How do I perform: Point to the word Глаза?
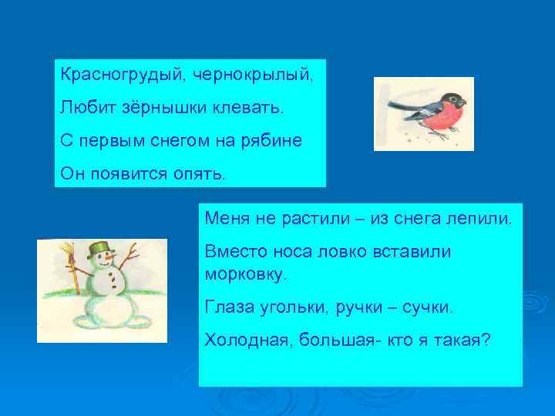pyautogui.click(x=228, y=307)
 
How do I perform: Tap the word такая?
pyautogui.click(x=459, y=341)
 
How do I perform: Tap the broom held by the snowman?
pyautogui.click(x=74, y=270)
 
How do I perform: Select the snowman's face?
pyautogui.click(x=101, y=264)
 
